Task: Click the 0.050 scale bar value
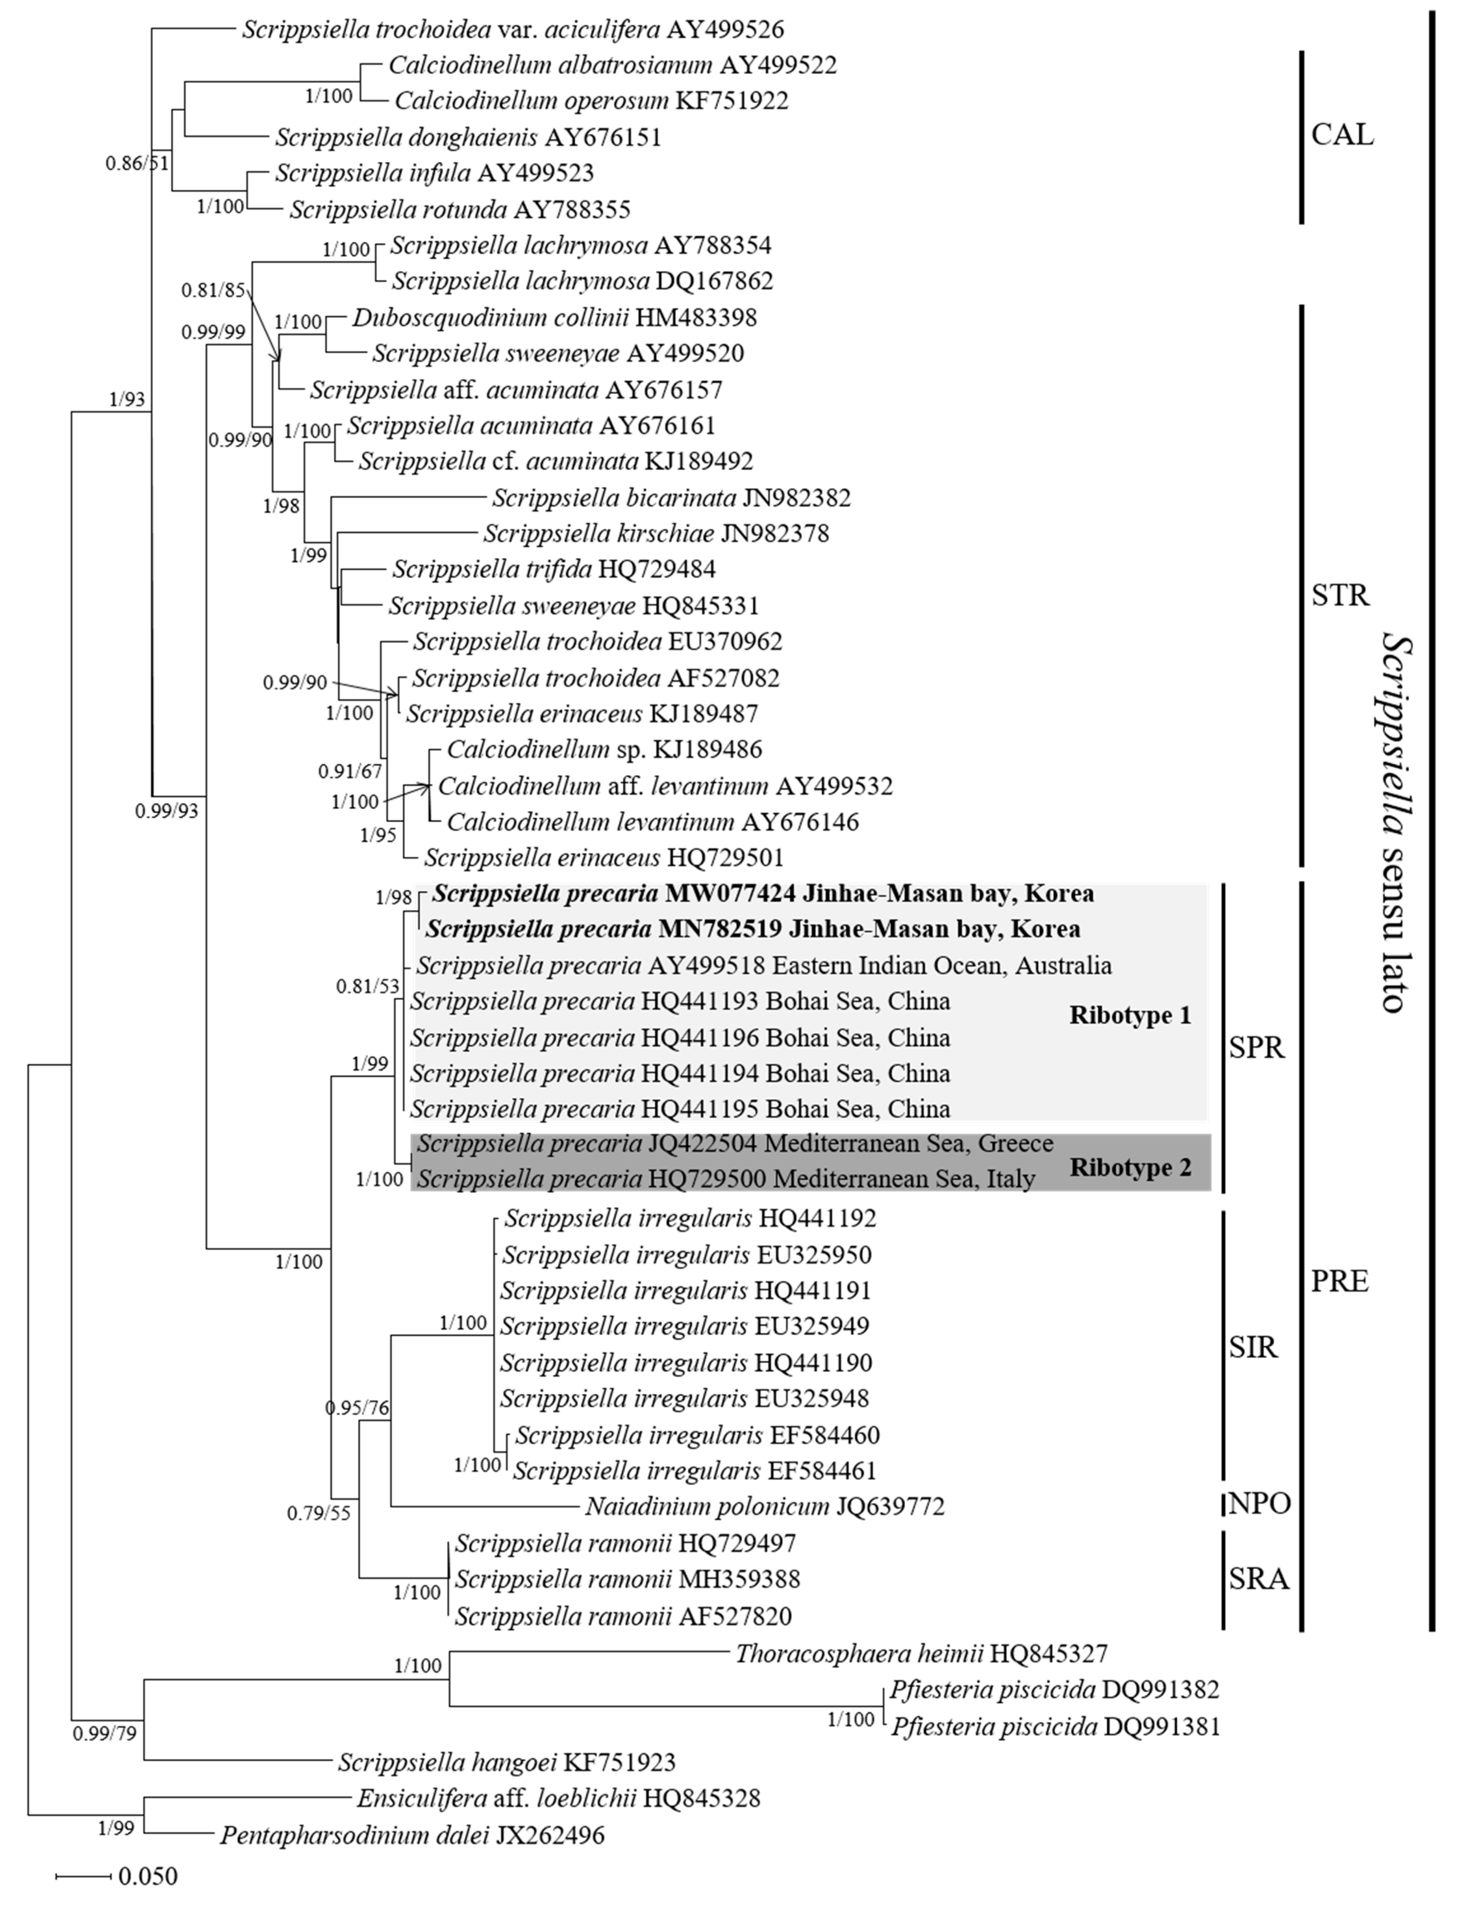pyautogui.click(x=147, y=1876)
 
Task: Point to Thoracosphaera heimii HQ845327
pyautogui.click(x=921, y=1654)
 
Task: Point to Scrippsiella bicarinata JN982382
pyautogui.click(x=671, y=498)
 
